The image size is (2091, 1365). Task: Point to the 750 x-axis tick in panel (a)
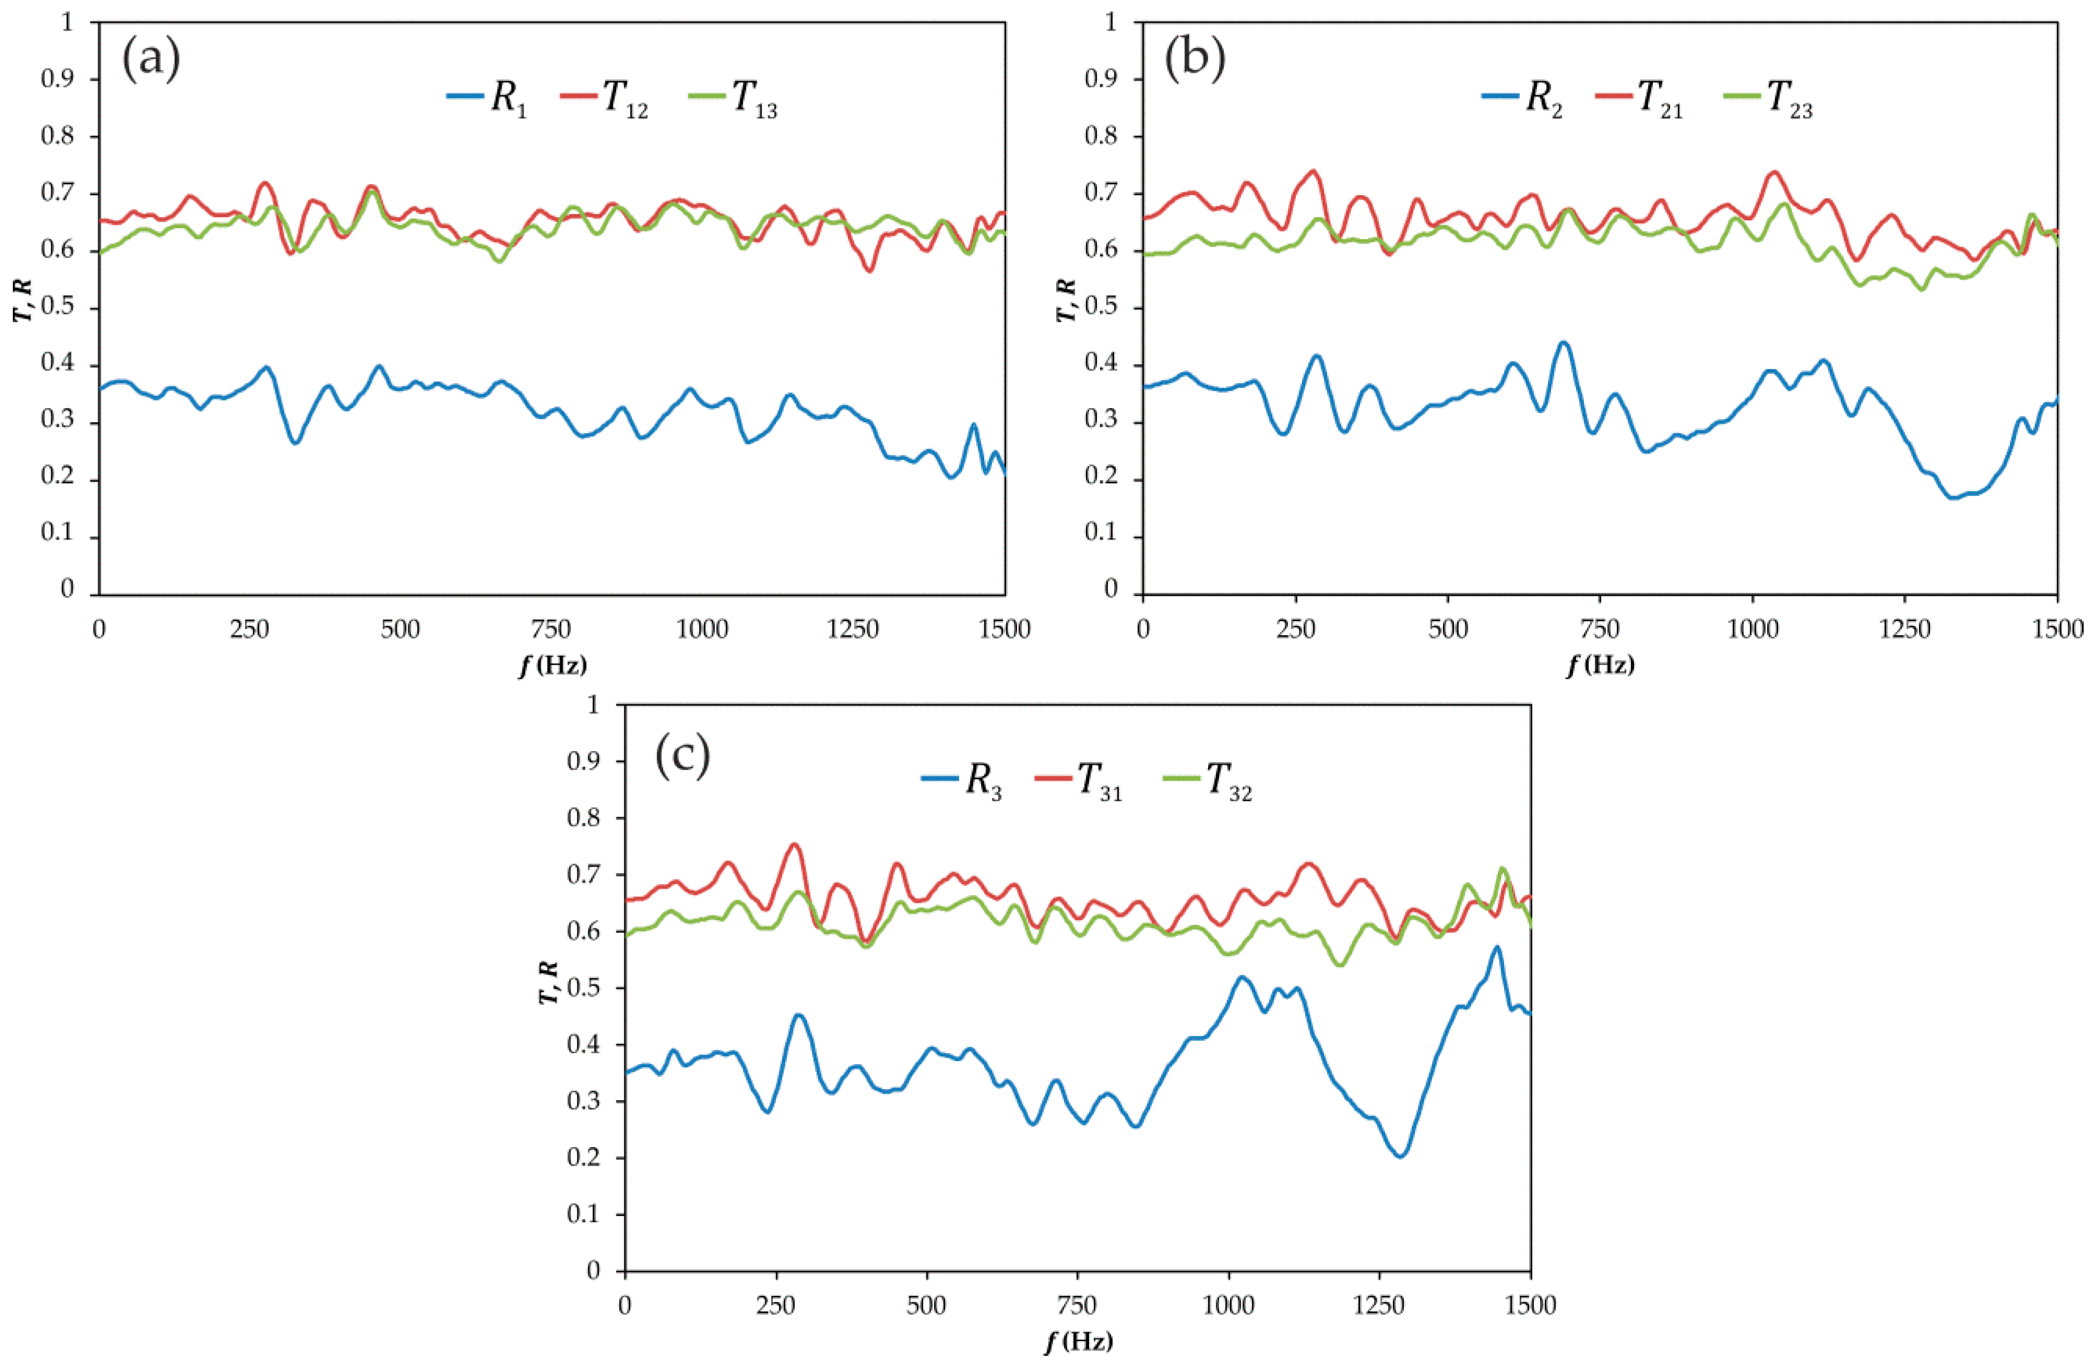(x=551, y=629)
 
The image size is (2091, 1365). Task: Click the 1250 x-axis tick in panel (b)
(x=1905, y=629)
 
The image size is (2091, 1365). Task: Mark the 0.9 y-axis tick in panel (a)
(x=58, y=79)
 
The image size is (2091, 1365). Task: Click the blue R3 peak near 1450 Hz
(x=1496, y=948)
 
